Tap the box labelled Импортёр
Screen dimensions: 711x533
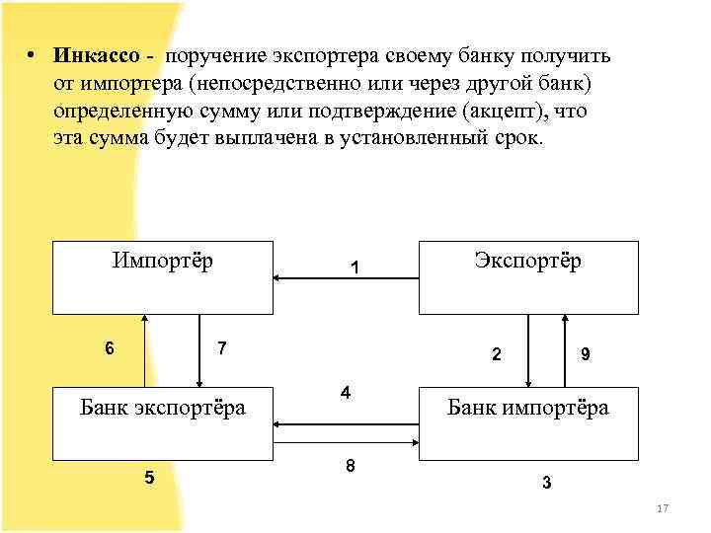pos(162,276)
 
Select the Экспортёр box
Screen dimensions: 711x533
pos(527,276)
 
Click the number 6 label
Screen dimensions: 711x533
pos(109,348)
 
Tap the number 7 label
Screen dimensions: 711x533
pos(223,348)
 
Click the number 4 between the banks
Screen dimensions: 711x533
pos(346,393)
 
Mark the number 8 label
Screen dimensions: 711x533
pos(351,465)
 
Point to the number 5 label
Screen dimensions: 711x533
pos(149,478)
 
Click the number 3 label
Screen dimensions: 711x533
pos(546,484)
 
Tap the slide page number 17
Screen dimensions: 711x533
pos(663,508)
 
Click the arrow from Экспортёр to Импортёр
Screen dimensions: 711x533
pos(346,279)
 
